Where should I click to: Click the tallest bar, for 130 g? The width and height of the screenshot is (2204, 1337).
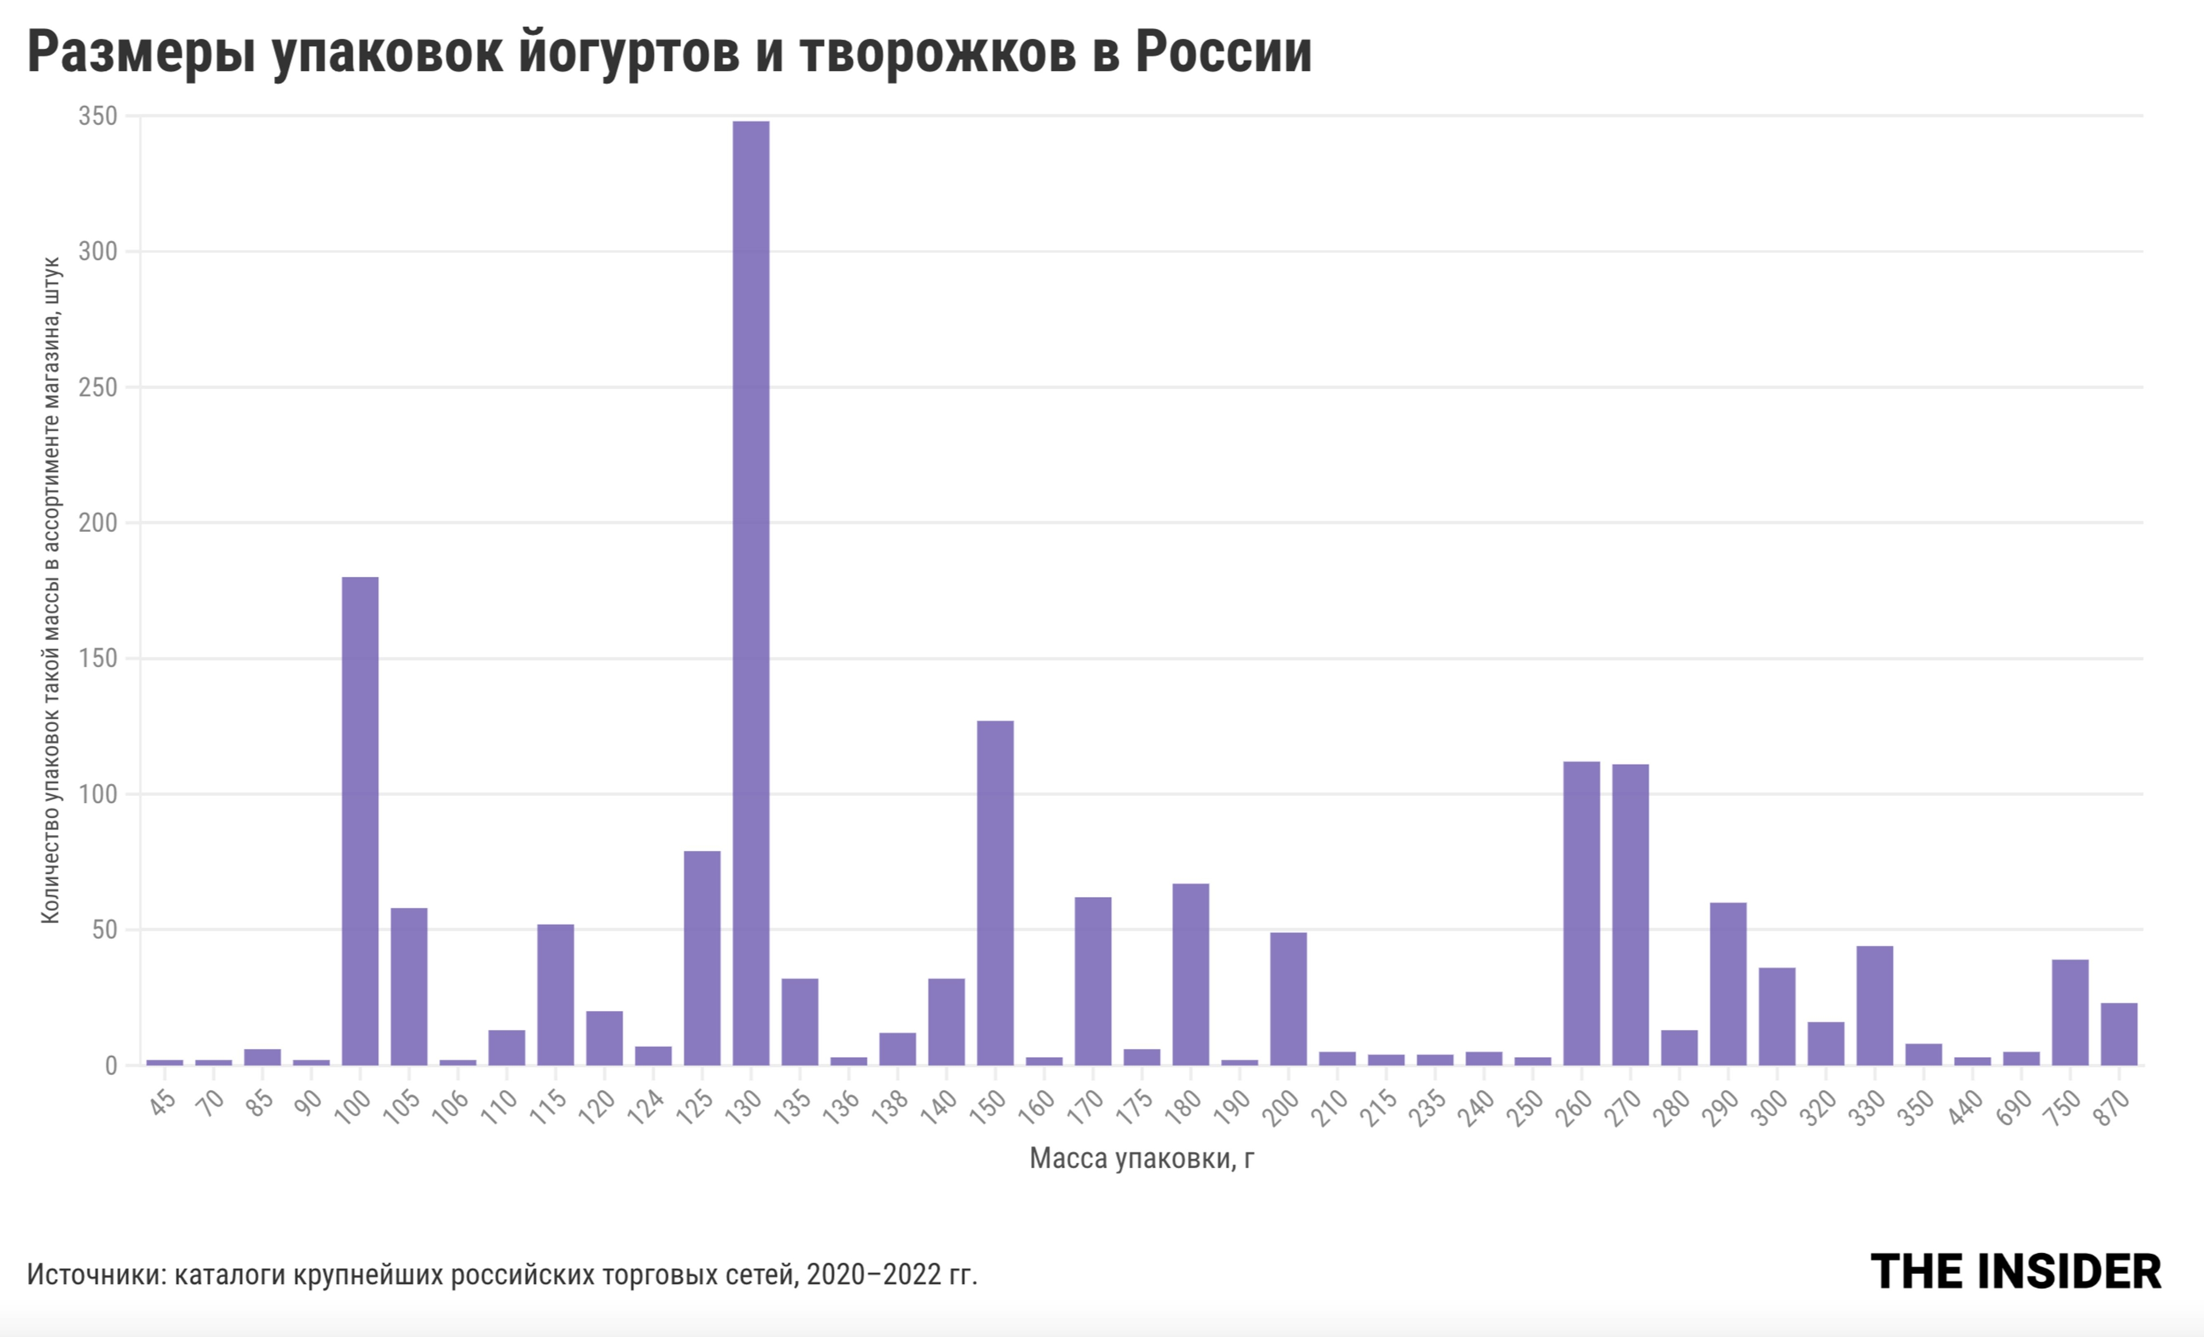(751, 592)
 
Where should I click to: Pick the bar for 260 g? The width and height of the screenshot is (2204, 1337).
(1581, 912)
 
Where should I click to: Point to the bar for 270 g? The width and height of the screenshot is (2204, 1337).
(1629, 914)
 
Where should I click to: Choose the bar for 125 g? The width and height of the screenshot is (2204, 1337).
(702, 957)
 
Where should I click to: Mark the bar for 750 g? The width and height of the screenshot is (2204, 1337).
(2070, 1012)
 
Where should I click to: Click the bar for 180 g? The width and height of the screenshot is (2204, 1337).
(1190, 974)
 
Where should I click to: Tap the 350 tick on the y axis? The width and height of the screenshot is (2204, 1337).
(98, 116)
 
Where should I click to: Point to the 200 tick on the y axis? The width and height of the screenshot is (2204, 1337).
(98, 523)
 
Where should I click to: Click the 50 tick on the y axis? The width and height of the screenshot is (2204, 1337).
(104, 930)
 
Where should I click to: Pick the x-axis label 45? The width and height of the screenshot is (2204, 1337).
(163, 1103)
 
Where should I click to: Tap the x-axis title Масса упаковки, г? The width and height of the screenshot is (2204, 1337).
(1142, 1159)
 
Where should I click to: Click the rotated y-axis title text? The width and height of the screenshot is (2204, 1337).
(51, 590)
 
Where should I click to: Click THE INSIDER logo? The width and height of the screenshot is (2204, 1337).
(2015, 1272)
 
